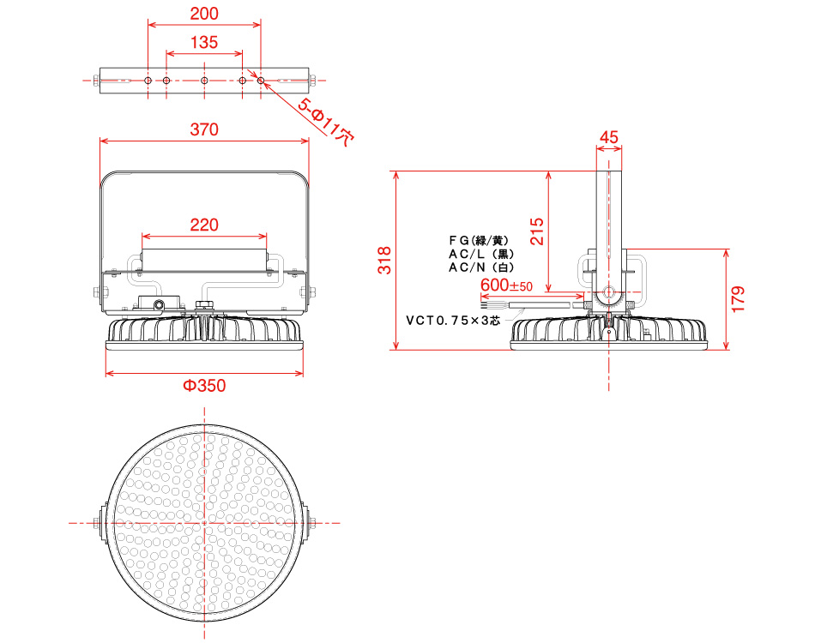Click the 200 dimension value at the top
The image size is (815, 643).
204,14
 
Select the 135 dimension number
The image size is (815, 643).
204,43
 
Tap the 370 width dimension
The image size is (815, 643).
204,129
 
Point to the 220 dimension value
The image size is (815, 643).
204,225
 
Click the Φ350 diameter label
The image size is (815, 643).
204,386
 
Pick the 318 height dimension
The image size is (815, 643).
384,261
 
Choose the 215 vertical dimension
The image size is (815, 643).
537,231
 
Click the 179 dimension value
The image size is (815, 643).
738,299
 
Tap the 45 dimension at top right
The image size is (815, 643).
608,137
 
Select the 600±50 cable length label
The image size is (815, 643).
506,285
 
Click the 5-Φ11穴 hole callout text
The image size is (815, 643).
326,122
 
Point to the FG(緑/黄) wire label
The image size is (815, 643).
479,240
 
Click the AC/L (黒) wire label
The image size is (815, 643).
481,254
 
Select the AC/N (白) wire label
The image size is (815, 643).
481,267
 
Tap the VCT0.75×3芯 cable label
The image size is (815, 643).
453,321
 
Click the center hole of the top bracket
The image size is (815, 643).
204,81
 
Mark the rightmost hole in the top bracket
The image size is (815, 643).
261,81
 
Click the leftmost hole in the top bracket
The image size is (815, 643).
148,81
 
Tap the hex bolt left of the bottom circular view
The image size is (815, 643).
97,523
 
